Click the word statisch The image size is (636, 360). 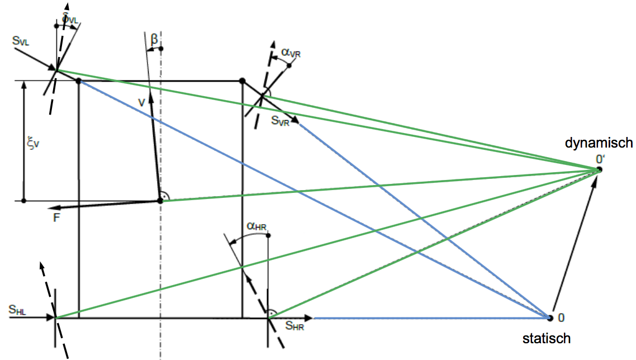pos(547,338)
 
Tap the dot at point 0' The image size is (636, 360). pos(599,169)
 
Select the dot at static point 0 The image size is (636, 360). pos(550,318)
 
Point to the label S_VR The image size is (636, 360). pos(281,121)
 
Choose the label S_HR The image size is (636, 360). pos(295,326)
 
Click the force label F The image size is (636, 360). pos(56,218)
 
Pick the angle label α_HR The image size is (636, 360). pos(257,226)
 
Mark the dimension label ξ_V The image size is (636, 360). pos(35,144)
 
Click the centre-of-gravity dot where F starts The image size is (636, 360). pos(160,200)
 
